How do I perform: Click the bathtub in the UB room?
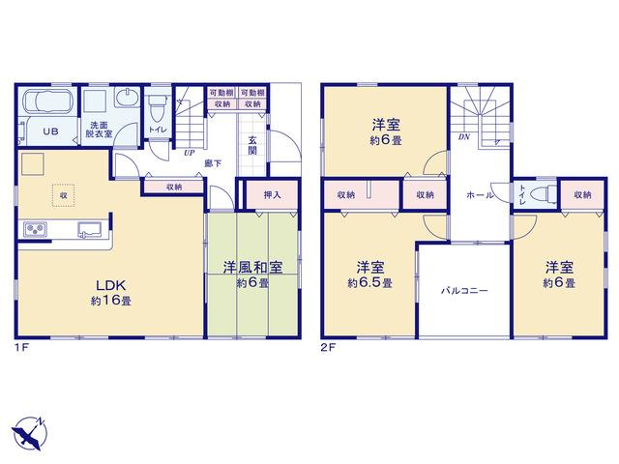pos(48,101)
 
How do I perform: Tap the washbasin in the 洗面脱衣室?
pos(127,98)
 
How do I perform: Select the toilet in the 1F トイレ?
pos(157,106)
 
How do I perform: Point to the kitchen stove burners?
pos(35,229)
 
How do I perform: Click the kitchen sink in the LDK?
pos(90,229)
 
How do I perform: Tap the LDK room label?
pos(111,284)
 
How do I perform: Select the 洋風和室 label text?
pos(252,268)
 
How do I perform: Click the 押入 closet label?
pos(272,194)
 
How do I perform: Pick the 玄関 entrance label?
pos(252,145)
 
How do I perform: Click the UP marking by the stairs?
pos(190,153)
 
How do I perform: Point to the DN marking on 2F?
pos(464,137)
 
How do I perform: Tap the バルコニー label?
pos(464,291)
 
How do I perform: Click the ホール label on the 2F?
pos(480,195)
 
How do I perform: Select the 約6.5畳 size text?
pos(369,283)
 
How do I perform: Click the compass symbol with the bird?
pos(28,433)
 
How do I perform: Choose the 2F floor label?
pos(328,348)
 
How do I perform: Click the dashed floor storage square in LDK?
pos(63,195)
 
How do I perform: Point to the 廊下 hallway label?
pos(213,163)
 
